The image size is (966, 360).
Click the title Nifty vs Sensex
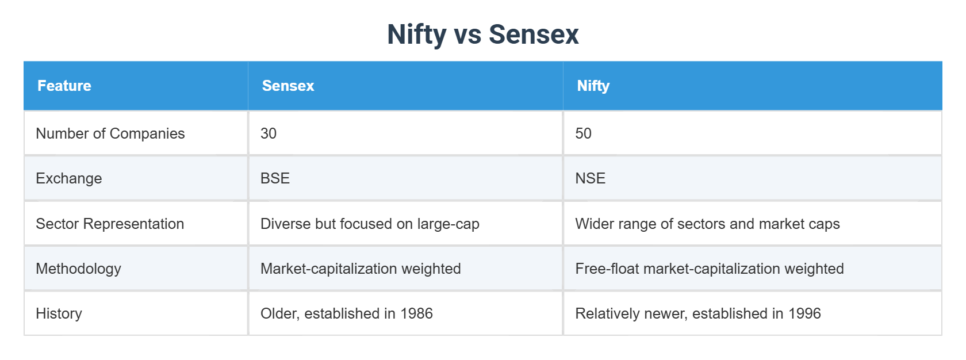tap(482, 34)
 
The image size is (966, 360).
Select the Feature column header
tap(64, 86)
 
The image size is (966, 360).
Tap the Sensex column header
tap(288, 86)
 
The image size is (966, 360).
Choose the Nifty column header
tap(593, 86)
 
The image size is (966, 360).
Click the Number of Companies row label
tap(110, 133)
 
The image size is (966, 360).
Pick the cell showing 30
tap(269, 133)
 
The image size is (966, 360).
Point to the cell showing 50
tap(583, 133)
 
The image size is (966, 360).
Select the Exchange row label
tap(69, 178)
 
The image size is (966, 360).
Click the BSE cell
tap(275, 178)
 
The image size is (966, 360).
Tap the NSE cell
tap(590, 178)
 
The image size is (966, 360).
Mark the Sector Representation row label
tap(110, 224)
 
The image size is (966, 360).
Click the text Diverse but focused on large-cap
tap(370, 224)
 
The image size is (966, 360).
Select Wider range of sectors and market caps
tap(707, 224)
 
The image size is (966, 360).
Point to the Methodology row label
tap(78, 269)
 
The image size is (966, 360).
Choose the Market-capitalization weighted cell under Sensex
tap(361, 269)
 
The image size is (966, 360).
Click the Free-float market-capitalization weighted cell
tap(710, 269)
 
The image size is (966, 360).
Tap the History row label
tap(59, 313)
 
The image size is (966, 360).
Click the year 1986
tap(416, 313)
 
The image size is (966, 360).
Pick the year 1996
tap(804, 313)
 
